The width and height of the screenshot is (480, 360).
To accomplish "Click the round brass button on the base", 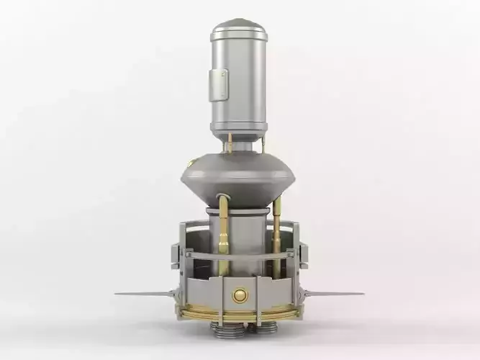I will click(239, 294).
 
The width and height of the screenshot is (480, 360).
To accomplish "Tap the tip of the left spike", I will click(117, 294).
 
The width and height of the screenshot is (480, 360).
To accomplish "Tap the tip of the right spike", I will click(362, 294).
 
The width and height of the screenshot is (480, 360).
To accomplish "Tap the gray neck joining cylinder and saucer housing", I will click(240, 147).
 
